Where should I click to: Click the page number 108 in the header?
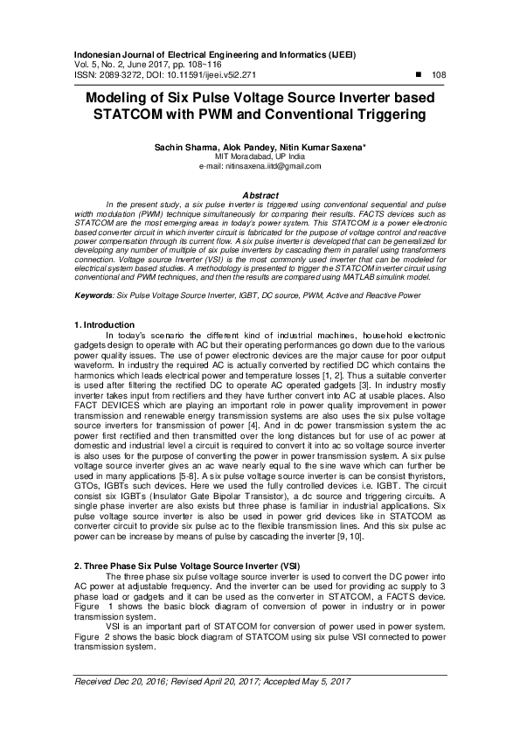coord(440,75)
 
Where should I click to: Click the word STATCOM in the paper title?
coord(142,115)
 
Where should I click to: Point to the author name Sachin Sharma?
coord(186,149)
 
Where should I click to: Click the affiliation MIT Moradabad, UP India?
coord(260,158)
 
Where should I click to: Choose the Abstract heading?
coord(260,195)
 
